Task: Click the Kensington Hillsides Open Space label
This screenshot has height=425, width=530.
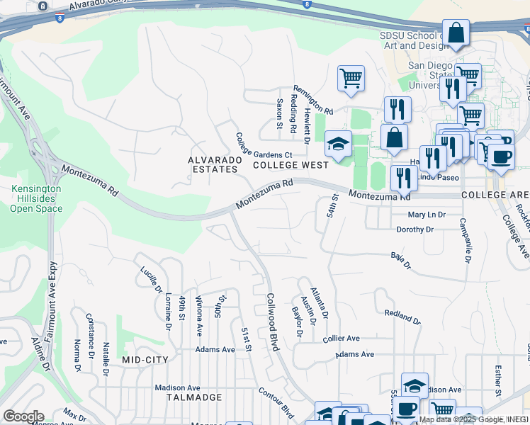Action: [36, 199]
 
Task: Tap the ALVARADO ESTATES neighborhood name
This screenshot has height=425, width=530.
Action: [213, 165]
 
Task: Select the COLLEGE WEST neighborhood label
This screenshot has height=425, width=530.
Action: [291, 165]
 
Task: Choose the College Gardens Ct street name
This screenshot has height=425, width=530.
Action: [264, 145]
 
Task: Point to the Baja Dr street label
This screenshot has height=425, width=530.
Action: [401, 260]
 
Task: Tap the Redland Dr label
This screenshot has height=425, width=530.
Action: [402, 316]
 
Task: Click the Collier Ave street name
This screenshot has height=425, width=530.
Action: [342, 339]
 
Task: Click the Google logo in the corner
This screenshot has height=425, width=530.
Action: [23, 416]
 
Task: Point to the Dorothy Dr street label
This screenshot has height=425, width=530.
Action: [415, 229]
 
